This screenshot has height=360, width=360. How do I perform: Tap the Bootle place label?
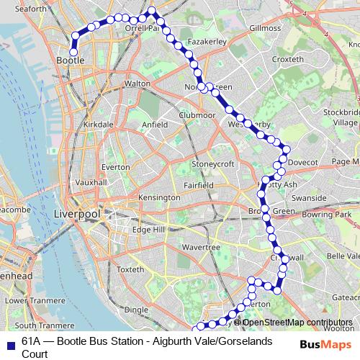pyautogui.click(x=70, y=61)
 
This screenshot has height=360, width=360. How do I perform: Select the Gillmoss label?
pyautogui.click(x=264, y=27)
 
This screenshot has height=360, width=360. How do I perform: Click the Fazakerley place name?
pyautogui.click(x=207, y=42)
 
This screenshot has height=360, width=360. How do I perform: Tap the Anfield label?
pyautogui.click(x=155, y=125)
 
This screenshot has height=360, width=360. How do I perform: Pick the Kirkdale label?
pyautogui.click(x=99, y=125)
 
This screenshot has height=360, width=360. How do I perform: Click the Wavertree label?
pyautogui.click(x=201, y=247)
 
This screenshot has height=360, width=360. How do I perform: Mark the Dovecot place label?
pyautogui.click(x=302, y=163)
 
